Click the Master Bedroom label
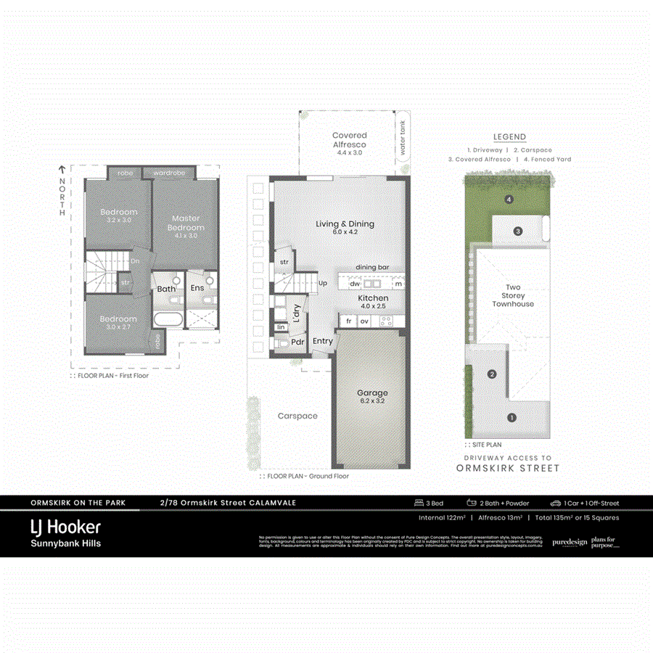186,223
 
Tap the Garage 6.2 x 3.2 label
372,397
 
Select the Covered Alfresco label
350,140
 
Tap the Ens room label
197,288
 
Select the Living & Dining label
345,228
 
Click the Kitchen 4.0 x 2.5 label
373,302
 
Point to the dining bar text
371,268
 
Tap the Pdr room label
297,342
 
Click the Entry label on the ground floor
322,341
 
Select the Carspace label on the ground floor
297,416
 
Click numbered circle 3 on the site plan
518,231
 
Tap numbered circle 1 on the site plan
512,417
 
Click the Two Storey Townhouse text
513,295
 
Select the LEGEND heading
509,136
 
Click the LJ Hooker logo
65,527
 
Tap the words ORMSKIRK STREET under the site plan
508,468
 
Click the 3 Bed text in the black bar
429,503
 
